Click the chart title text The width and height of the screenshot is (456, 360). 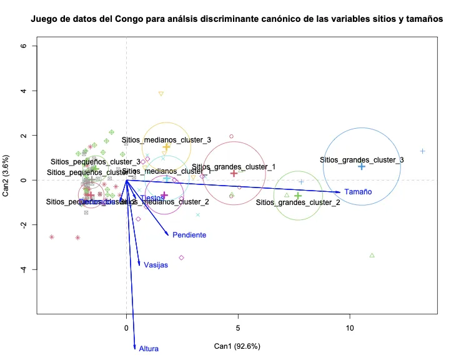[237, 19]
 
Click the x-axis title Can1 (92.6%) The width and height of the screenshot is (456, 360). [237, 346]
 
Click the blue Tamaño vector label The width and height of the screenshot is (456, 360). [358, 192]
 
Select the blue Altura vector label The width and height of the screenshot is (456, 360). [149, 349]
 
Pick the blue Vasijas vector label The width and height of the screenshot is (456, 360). [156, 265]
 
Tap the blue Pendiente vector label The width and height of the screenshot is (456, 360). [189, 235]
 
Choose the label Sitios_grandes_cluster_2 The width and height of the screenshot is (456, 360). [298, 202]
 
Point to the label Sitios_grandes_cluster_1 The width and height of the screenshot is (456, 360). [234, 167]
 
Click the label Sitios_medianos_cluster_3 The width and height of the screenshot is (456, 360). [166, 140]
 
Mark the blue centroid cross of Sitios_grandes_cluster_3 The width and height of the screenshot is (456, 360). [362, 166]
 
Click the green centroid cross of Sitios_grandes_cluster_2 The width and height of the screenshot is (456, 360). [298, 196]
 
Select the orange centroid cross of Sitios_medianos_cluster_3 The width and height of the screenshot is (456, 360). [167, 146]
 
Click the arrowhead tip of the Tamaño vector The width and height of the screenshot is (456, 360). [342, 192]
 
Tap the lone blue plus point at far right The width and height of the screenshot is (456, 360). [423, 151]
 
